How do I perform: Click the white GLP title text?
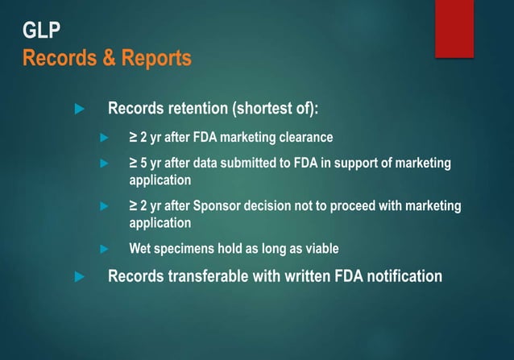(41, 32)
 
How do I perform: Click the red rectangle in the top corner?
(454, 28)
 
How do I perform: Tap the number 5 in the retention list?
(144, 163)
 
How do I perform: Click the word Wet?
(140, 249)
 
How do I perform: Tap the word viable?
(321, 249)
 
